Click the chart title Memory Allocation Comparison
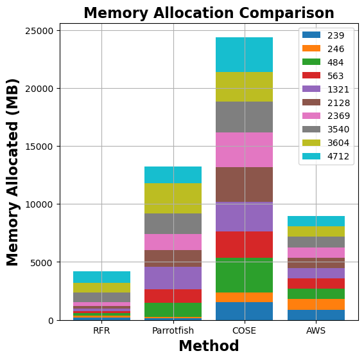coord(209,13)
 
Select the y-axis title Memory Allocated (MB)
coord(13,172)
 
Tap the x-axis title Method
coord(209,346)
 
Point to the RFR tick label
coord(101,331)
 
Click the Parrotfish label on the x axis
coord(173,331)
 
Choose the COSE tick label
coord(244,331)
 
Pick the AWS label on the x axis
coord(315,331)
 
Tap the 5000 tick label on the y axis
coord(42,262)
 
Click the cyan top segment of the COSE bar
coord(244,55)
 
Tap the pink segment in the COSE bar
coord(244,150)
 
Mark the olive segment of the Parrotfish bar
coord(173,198)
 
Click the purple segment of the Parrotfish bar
coord(173,278)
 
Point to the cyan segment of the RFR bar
coord(101,276)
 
